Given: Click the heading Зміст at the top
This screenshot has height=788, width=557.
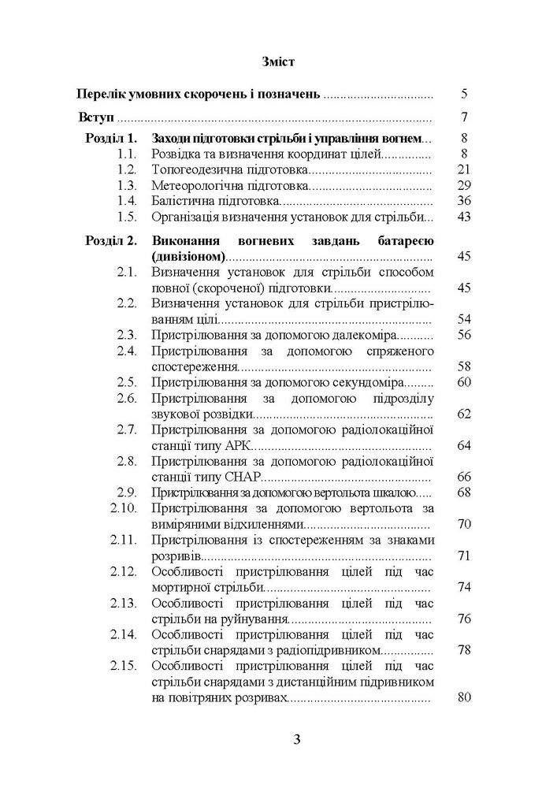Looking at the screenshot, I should point(278,60).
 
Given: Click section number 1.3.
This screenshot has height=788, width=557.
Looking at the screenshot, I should point(126,186).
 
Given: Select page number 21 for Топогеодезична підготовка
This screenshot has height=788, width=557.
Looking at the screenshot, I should point(462,170).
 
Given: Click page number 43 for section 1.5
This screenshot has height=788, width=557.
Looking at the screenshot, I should point(462,217).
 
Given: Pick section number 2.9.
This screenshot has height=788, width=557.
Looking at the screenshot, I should point(126,492).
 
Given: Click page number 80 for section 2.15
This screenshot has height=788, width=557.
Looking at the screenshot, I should point(462,698).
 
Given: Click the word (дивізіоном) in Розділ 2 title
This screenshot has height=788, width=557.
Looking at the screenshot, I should point(186,256).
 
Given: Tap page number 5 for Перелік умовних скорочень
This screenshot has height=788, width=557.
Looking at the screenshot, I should point(465,95).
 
